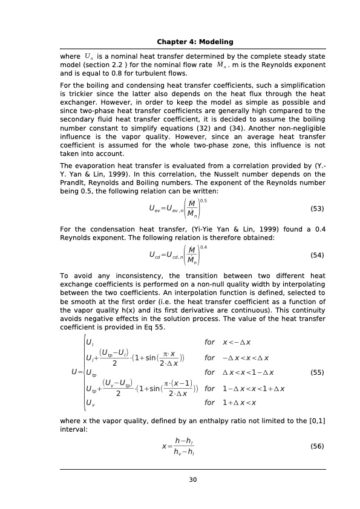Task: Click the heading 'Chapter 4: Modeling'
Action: pyautogui.click(x=195, y=41)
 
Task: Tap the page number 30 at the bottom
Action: pyautogui.click(x=193, y=479)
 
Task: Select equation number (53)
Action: pyautogui.click(x=316, y=209)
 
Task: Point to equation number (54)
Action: pyautogui.click(x=316, y=255)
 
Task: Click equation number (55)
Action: pyautogui.click(x=316, y=372)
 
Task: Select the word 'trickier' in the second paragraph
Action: pyautogui.click(x=79, y=95)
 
